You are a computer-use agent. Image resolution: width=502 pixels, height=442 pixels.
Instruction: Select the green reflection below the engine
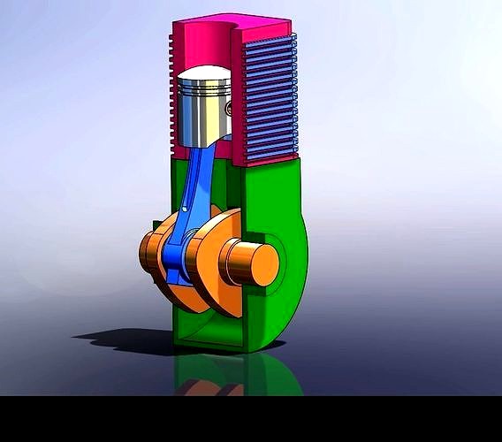click(265, 376)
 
